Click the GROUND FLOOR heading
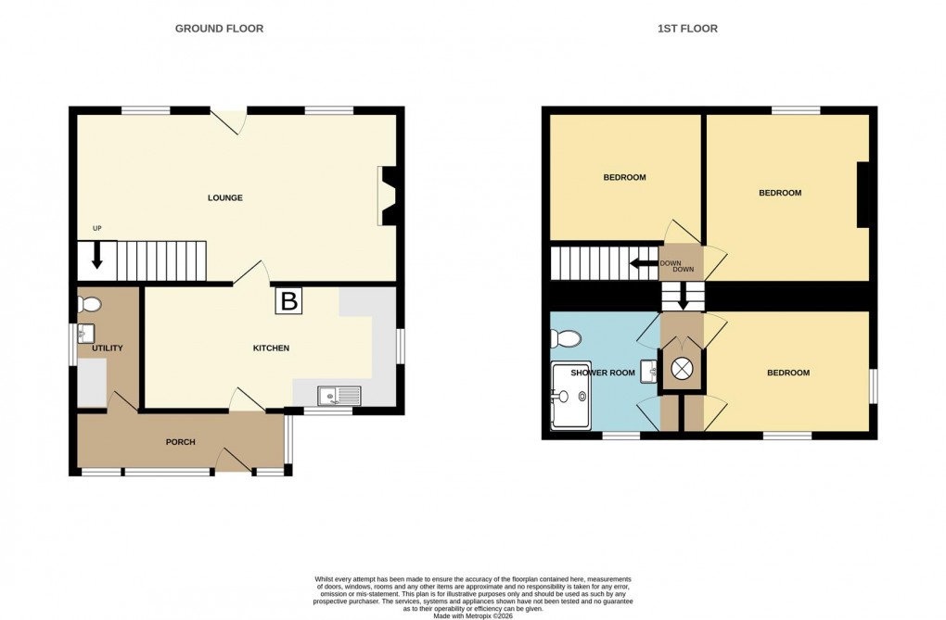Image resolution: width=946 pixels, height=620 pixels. (219, 29)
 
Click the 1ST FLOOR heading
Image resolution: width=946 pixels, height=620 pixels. (687, 29)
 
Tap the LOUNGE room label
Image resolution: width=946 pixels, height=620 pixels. (225, 197)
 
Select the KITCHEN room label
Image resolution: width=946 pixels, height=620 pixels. (272, 348)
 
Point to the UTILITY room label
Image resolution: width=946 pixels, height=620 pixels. (108, 348)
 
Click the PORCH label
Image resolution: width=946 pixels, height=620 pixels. (181, 442)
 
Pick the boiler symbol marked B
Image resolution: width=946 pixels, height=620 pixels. (288, 301)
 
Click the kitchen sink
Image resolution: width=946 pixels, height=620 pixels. (339, 397)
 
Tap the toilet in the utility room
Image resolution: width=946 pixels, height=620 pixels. (89, 303)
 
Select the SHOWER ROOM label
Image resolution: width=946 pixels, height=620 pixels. (603, 373)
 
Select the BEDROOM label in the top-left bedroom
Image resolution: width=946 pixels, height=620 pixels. (624, 177)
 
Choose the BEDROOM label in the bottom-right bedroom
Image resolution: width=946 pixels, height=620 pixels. (787, 373)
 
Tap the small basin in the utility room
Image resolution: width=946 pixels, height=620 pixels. (86, 334)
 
